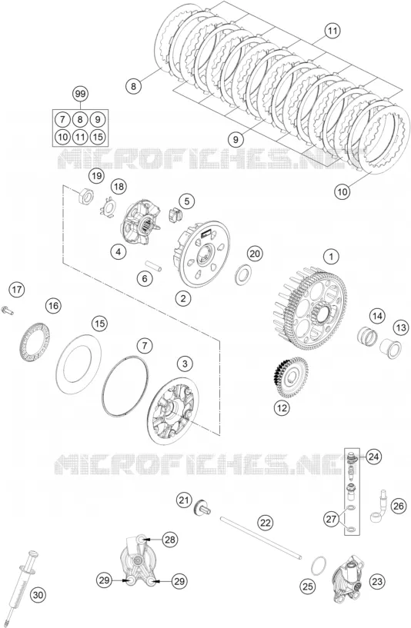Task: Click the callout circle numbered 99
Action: click(x=80, y=94)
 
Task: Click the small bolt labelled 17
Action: click(x=8, y=310)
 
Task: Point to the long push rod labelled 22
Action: click(x=261, y=537)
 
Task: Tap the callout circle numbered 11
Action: click(x=332, y=31)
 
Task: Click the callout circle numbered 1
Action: click(x=331, y=256)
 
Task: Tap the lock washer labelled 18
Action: click(x=108, y=206)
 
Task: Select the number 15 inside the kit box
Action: click(x=98, y=137)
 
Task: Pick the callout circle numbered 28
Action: click(x=170, y=540)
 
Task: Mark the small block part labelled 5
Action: click(x=175, y=214)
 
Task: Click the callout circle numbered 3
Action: click(x=185, y=364)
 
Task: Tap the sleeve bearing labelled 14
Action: click(x=368, y=335)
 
